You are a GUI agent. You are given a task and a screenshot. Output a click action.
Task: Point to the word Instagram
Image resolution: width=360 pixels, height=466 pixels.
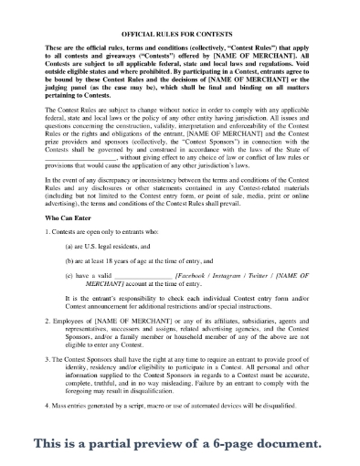(x=236, y=275)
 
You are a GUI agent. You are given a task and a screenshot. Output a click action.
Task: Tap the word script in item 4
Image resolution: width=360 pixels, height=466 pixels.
(x=151, y=428)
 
